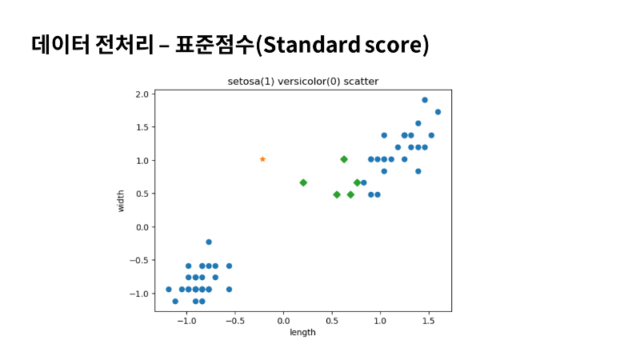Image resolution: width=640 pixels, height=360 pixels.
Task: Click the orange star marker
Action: pyautogui.click(x=262, y=159)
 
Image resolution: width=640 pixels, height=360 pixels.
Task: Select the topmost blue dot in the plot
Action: pyautogui.click(x=425, y=100)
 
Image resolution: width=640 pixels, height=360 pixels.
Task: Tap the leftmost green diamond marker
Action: pyautogui.click(x=303, y=183)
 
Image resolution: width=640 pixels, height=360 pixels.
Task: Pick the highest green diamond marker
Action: pyautogui.click(x=344, y=159)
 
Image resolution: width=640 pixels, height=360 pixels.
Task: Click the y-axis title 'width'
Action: pyautogui.click(x=121, y=201)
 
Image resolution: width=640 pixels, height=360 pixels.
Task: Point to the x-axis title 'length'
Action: pyautogui.click(x=303, y=332)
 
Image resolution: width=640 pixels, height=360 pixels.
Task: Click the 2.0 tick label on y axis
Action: pyautogui.click(x=142, y=94)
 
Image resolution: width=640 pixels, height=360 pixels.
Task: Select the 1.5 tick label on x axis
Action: pyautogui.click(x=429, y=321)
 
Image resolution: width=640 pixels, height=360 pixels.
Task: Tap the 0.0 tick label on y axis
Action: pyautogui.click(x=142, y=227)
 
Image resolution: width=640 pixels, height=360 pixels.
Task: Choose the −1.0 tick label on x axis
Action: pyautogui.click(x=187, y=321)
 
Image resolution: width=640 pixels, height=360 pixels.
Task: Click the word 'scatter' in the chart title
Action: pyautogui.click(x=362, y=82)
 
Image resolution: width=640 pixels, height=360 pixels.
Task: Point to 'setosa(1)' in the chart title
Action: pyautogui.click(x=251, y=82)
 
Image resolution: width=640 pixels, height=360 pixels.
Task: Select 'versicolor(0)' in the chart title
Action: pyautogui.click(x=309, y=82)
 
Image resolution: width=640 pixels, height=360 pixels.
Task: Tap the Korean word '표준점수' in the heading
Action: pyautogui.click(x=214, y=45)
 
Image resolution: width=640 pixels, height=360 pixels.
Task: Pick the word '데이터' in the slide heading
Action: pyautogui.click(x=61, y=45)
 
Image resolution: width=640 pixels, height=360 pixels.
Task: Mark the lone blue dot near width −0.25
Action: pyautogui.click(x=209, y=242)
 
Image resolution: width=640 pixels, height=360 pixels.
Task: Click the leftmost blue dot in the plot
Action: pyautogui.click(x=169, y=290)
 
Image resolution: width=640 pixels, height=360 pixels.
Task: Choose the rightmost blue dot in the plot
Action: pyautogui.click(x=438, y=112)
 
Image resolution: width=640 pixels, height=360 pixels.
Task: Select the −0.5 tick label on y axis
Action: pyautogui.click(x=139, y=261)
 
